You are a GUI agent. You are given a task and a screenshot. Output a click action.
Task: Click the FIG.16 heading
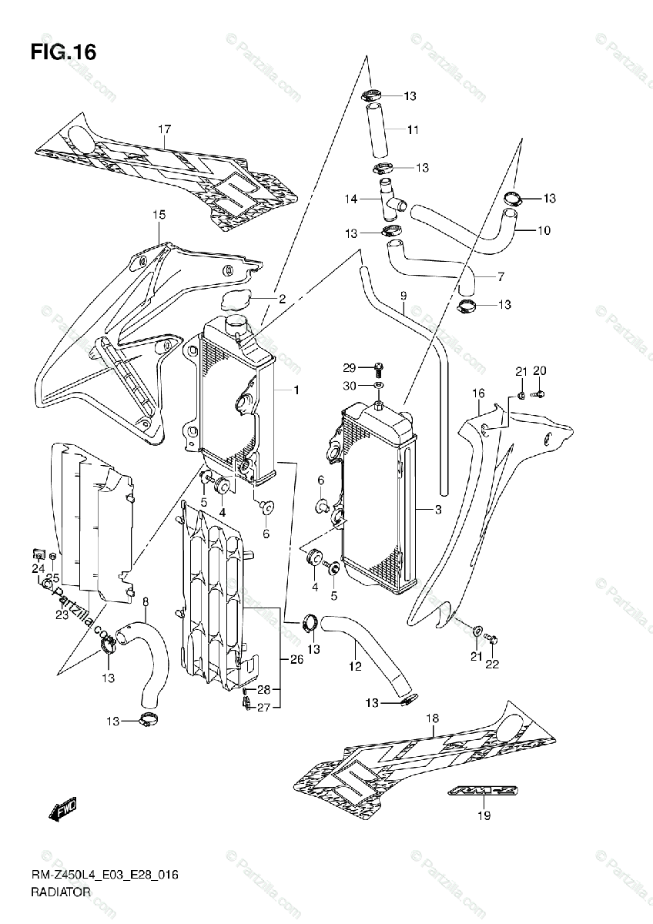tap(64, 53)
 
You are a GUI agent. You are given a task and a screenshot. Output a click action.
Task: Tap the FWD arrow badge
tap(60, 809)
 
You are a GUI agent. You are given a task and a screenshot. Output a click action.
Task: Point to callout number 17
tap(164, 129)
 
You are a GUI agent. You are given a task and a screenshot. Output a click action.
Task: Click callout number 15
tap(159, 216)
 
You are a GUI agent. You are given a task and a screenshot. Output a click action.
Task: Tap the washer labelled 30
tap(378, 385)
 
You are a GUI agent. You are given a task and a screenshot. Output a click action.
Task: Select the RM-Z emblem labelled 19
tap(470, 792)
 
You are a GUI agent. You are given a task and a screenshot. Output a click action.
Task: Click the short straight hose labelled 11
tap(377, 130)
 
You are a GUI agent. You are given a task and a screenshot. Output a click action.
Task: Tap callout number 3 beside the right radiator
tap(438, 509)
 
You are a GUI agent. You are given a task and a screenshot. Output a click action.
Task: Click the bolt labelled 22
tap(494, 638)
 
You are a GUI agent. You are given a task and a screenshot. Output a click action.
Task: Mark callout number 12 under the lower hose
tap(355, 666)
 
